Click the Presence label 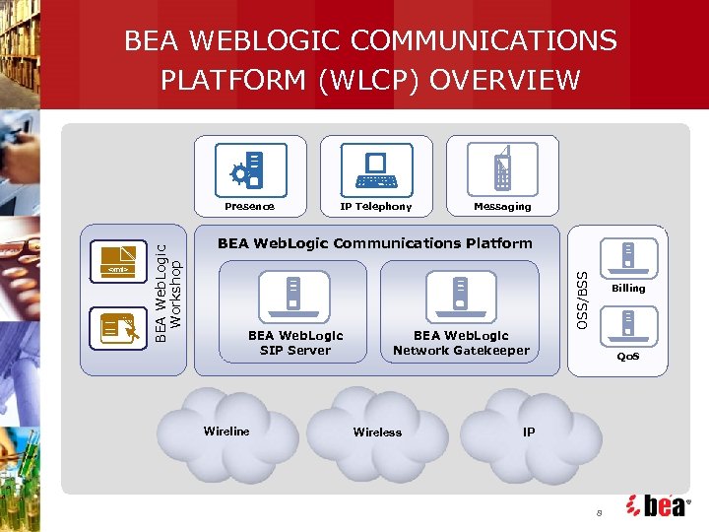[x=249, y=207]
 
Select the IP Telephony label [x=376, y=207]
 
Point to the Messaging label [x=502, y=207]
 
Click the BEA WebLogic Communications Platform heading [x=374, y=243]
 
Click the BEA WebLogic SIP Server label [x=295, y=343]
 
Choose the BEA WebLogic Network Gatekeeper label [x=461, y=343]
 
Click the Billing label [x=628, y=289]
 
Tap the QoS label [x=628, y=357]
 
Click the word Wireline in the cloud [x=226, y=431]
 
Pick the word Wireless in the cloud [x=377, y=432]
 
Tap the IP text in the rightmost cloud [x=529, y=432]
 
